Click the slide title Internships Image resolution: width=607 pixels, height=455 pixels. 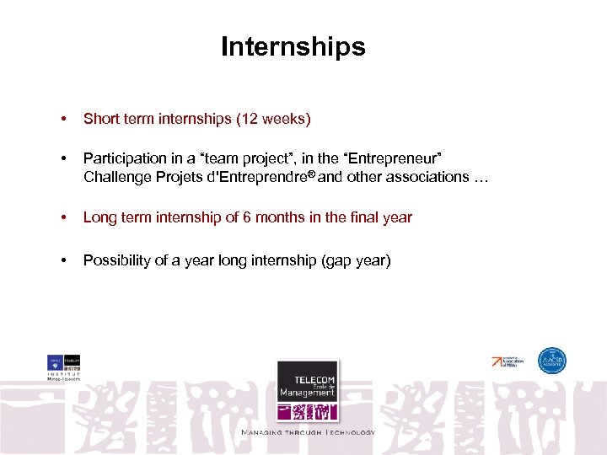[293, 47]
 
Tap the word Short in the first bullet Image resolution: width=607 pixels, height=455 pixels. [100, 120]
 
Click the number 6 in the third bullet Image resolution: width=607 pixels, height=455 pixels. [246, 217]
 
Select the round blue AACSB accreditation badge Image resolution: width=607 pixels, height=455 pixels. [553, 361]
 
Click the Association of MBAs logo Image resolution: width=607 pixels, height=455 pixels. [508, 361]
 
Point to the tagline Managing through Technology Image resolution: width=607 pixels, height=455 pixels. [308, 432]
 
